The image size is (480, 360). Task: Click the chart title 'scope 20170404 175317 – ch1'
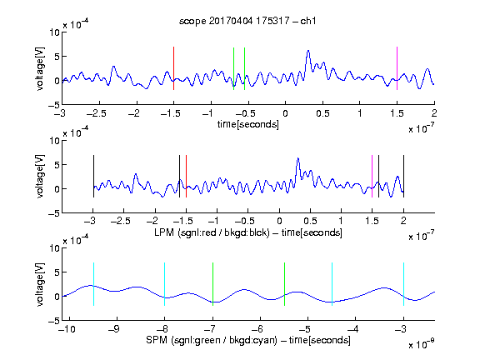pos(247,21)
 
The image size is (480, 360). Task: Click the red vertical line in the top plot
pos(174,68)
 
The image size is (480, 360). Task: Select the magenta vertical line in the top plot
pos(397,68)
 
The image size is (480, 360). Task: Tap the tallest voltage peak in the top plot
pos(308,51)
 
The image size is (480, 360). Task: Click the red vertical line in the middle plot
pos(186,177)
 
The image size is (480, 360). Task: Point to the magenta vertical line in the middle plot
pos(372,177)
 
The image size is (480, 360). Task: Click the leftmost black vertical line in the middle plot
pos(93,177)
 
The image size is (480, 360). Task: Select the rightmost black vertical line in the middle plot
pos(404,177)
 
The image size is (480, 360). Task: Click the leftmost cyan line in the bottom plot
pos(93,284)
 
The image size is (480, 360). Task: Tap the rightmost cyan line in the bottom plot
pos(404,284)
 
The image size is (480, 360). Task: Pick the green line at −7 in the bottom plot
pos(212,284)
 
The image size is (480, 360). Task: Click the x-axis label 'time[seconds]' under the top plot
pos(248,125)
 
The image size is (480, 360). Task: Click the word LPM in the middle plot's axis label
pos(164,232)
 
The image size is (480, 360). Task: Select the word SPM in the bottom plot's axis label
pos(157,340)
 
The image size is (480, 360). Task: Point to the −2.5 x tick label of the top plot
pos(97,114)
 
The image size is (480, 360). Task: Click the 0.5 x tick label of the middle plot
pos(310,221)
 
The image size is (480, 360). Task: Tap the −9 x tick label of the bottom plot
pos(114,329)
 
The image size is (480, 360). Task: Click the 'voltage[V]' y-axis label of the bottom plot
pos(40,284)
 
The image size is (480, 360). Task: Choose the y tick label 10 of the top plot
pos(55,32)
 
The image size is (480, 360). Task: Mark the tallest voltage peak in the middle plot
pos(297,158)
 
